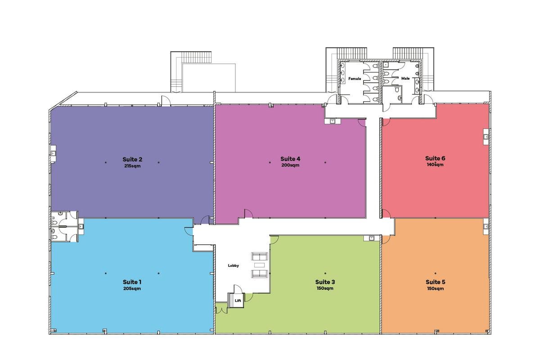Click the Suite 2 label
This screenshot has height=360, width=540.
point(132,159)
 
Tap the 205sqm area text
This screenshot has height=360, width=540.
point(132,288)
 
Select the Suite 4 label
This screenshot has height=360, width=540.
point(290,159)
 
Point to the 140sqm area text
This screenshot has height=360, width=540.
point(435,165)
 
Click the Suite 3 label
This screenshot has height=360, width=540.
point(325,282)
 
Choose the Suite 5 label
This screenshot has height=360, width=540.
point(436,282)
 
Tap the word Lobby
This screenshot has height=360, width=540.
point(234,265)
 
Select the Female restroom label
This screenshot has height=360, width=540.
point(355,79)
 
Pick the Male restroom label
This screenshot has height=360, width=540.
point(405,78)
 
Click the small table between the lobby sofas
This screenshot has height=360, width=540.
point(259,265)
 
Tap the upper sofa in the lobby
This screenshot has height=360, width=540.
point(259,256)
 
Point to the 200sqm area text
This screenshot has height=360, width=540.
point(290,165)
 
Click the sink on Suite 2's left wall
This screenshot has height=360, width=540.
point(54,153)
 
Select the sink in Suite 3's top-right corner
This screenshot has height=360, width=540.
point(372,238)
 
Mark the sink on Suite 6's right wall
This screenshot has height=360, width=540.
point(486,137)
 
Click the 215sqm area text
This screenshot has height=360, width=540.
point(132,166)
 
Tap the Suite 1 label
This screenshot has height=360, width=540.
point(132,282)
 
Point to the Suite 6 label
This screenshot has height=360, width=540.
point(435,158)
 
